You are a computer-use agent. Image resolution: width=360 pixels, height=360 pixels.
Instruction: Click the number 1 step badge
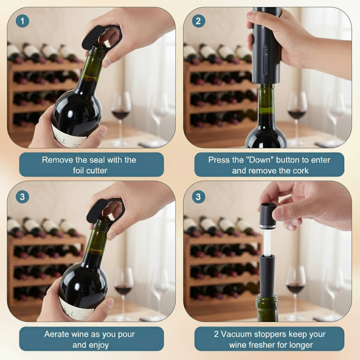22,21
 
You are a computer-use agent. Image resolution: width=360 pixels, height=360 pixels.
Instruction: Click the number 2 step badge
199,21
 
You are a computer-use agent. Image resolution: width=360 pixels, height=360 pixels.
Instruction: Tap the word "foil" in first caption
80,171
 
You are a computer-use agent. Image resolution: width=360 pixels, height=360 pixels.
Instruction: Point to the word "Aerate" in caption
57,334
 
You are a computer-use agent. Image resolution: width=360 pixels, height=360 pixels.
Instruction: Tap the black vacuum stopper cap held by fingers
268,215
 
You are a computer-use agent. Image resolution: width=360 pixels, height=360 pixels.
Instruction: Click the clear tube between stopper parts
267,243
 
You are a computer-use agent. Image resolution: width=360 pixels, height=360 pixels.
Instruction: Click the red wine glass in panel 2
297,109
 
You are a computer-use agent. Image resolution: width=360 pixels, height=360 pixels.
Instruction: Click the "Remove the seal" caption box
91,165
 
